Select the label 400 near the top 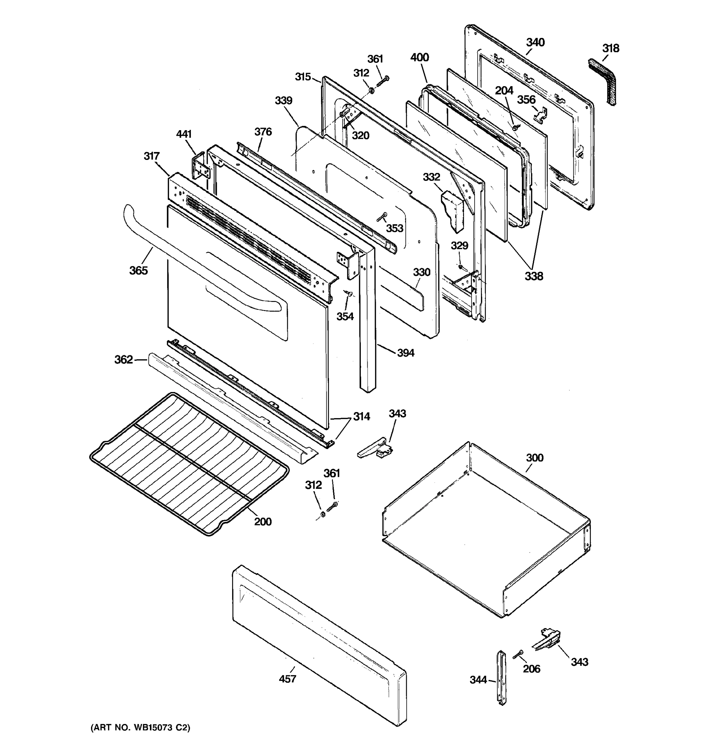pos(419,58)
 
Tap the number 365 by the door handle pos(138,270)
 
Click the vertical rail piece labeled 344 pos(501,678)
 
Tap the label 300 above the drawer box pos(534,458)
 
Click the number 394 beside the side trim pos(406,353)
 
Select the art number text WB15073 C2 pos(140,728)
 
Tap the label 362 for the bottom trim pos(124,360)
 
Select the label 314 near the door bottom pos(361,417)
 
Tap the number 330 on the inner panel pos(421,272)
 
